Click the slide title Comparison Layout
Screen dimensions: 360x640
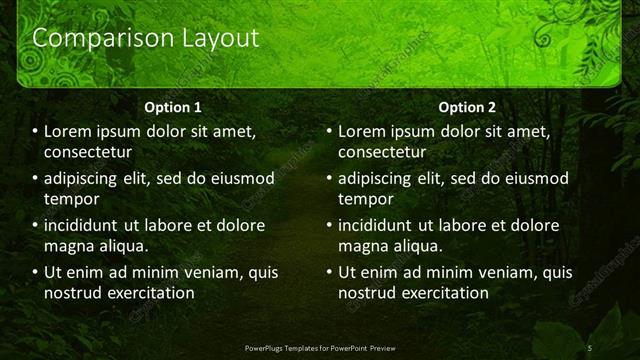(x=146, y=39)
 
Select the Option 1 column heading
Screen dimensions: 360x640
(x=173, y=106)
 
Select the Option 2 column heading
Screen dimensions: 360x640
(x=466, y=106)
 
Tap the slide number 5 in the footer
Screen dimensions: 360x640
(x=590, y=347)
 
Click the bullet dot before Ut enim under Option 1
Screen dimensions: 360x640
(x=34, y=272)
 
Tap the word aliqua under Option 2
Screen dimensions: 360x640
(x=418, y=246)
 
